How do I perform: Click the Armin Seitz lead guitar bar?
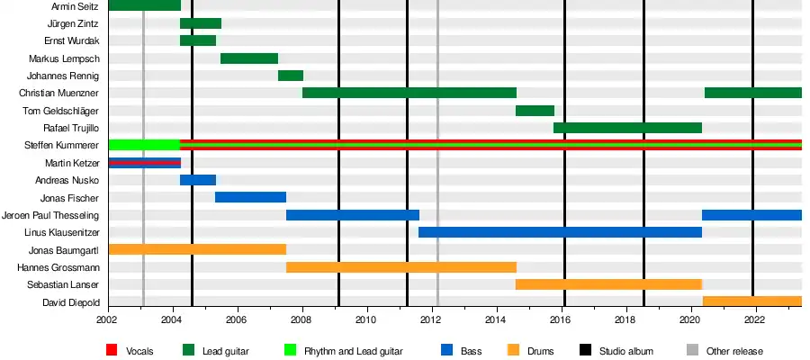click(144, 5)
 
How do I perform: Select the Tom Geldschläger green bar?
click(535, 111)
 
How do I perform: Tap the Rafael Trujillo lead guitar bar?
click(627, 128)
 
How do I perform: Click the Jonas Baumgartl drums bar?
click(197, 249)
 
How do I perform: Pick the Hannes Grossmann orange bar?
click(401, 267)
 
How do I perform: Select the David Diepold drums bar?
click(751, 301)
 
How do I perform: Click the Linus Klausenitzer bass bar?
click(560, 232)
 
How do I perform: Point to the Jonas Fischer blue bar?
click(250, 197)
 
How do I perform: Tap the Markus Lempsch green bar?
click(249, 58)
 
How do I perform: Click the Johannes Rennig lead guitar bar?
click(291, 76)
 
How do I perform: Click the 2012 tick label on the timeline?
click(431, 319)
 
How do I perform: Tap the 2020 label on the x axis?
click(690, 319)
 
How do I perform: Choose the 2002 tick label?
click(108, 319)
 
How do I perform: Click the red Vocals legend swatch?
click(112, 350)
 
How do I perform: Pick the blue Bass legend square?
click(447, 350)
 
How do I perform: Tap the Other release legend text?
click(734, 351)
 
